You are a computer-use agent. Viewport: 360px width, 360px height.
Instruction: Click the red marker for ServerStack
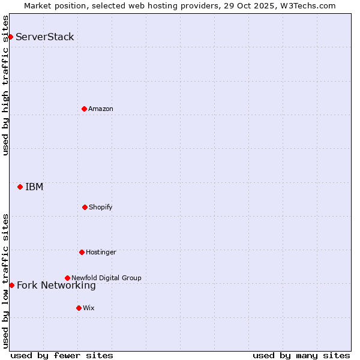click(x=10, y=37)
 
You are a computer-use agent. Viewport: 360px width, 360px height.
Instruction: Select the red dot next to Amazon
click(x=84, y=109)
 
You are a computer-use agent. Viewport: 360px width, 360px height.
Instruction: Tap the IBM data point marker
click(x=20, y=187)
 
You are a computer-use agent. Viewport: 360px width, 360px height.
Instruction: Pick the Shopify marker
click(x=85, y=207)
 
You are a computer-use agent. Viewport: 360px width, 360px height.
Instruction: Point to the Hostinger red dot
click(x=82, y=252)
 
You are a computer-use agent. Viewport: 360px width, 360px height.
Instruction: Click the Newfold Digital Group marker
click(x=67, y=278)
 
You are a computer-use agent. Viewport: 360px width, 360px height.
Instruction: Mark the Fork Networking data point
click(x=11, y=285)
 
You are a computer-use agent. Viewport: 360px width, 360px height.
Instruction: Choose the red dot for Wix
click(x=79, y=308)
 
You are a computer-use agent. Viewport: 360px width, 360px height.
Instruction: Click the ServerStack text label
click(x=45, y=37)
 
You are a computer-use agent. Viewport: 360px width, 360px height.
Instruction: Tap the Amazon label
click(x=101, y=109)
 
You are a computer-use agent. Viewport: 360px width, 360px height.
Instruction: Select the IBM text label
click(x=34, y=187)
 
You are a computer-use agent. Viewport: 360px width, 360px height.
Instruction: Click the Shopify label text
click(x=101, y=208)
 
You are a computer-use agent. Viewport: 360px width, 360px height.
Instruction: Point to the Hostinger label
click(x=101, y=253)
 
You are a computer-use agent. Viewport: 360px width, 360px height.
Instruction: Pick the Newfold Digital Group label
click(x=106, y=278)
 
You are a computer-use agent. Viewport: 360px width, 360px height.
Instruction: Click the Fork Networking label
click(x=56, y=286)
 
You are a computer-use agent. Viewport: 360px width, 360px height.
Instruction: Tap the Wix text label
click(x=89, y=308)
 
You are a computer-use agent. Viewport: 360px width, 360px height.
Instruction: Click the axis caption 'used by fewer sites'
click(x=62, y=355)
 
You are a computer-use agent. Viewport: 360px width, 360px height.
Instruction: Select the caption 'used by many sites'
click(x=301, y=355)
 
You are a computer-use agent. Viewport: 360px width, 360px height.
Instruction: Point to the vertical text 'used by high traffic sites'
click(x=5, y=85)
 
